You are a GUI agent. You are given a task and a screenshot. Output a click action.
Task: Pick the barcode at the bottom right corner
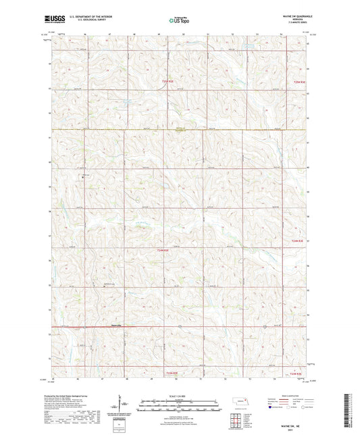point(351,413)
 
